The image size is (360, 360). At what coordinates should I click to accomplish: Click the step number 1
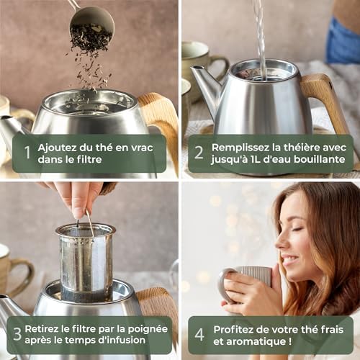[27, 153]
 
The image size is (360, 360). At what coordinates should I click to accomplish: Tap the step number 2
[199, 153]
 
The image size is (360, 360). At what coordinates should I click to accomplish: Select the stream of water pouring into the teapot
[258, 36]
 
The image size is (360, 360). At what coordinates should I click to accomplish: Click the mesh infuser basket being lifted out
[86, 263]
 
